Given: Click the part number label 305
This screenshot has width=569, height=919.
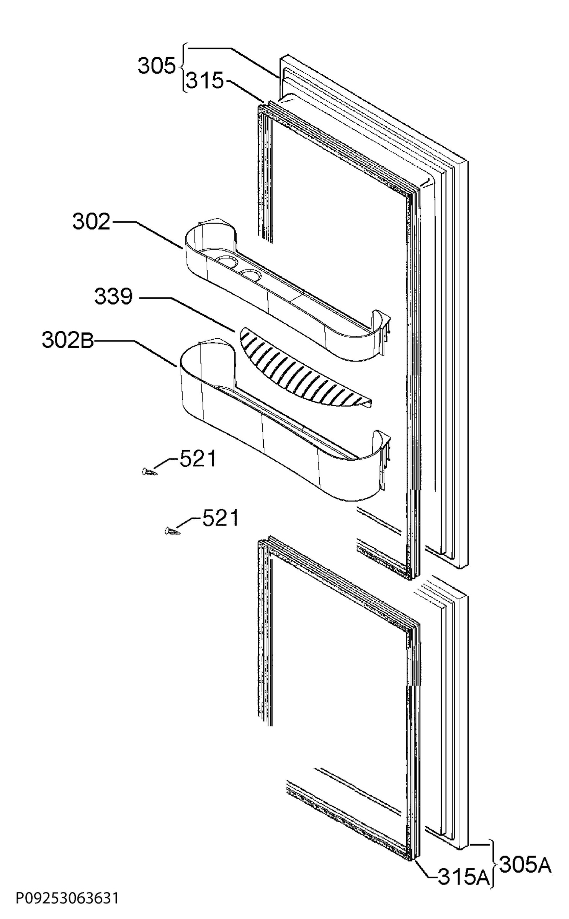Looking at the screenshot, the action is click(156, 66).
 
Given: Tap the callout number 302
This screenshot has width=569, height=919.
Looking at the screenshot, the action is click(92, 222).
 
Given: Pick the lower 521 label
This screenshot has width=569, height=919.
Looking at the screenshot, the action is click(220, 518).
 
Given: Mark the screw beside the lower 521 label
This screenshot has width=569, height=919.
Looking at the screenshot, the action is click(172, 531).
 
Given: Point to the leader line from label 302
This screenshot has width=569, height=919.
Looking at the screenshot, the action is click(146, 235).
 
